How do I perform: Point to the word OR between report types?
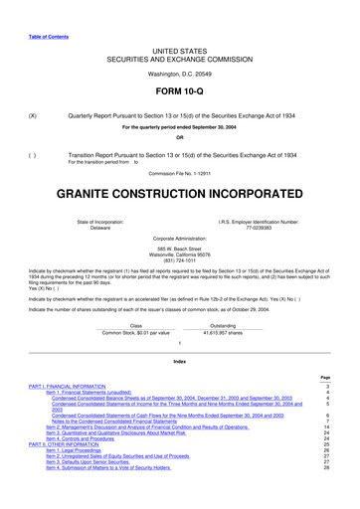[x=179, y=136]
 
